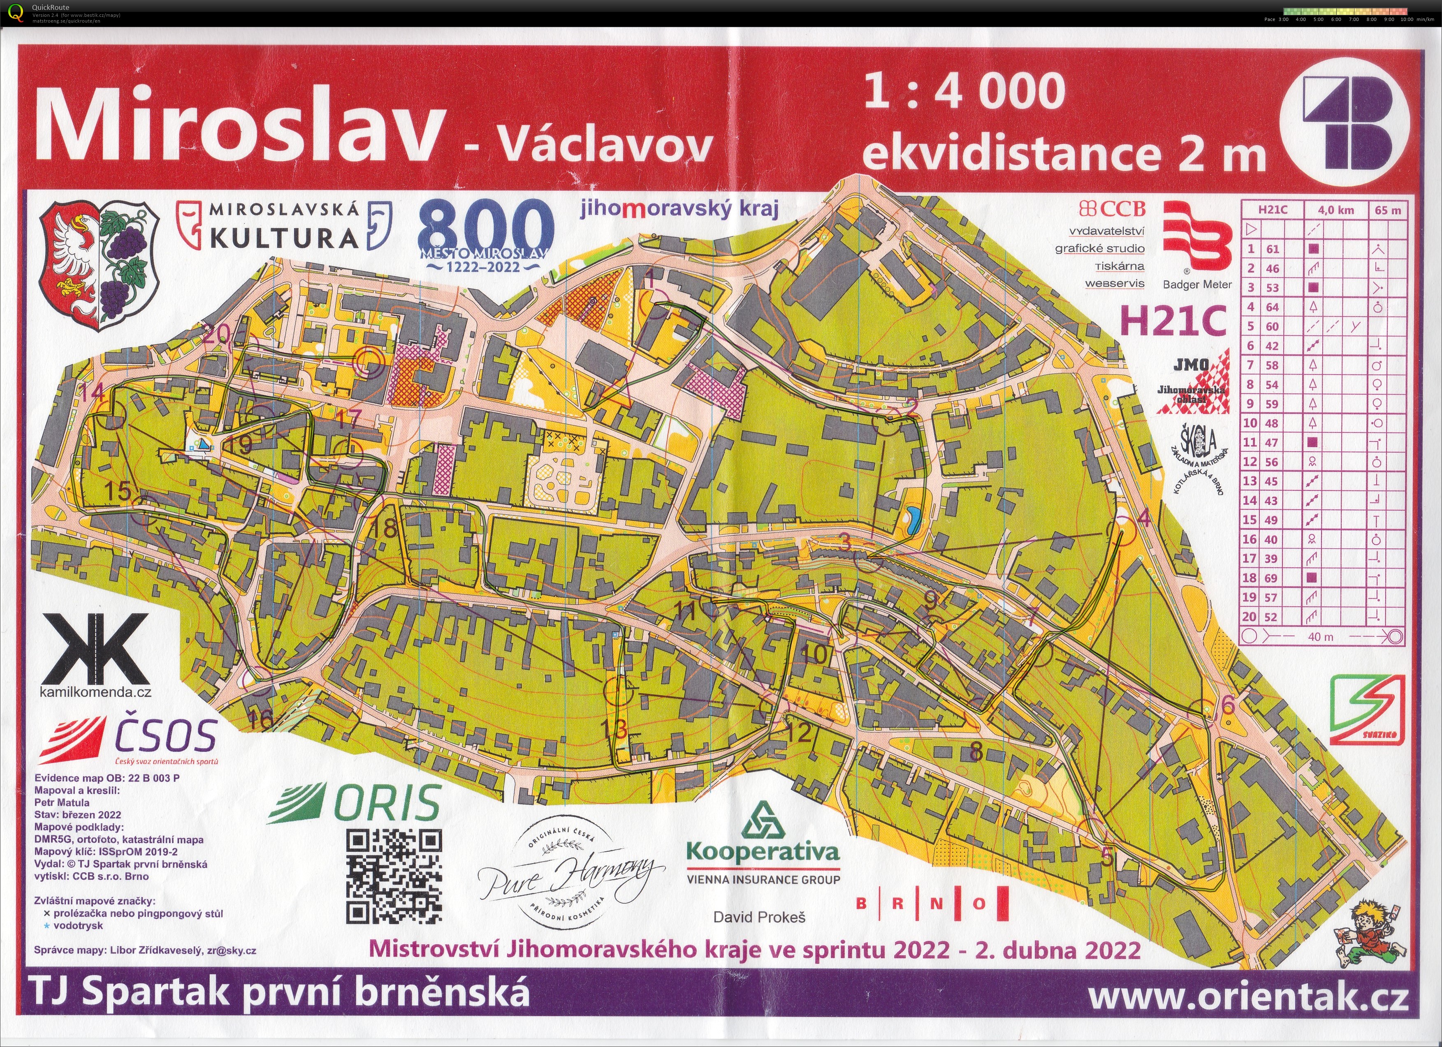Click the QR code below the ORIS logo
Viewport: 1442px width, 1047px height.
pyautogui.click(x=394, y=877)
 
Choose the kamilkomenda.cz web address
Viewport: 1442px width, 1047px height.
pyautogui.click(x=95, y=692)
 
